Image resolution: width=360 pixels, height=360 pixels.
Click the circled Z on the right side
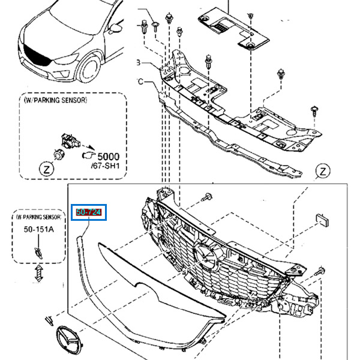tap(322, 172)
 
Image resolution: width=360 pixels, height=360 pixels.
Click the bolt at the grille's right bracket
tap(319, 272)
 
